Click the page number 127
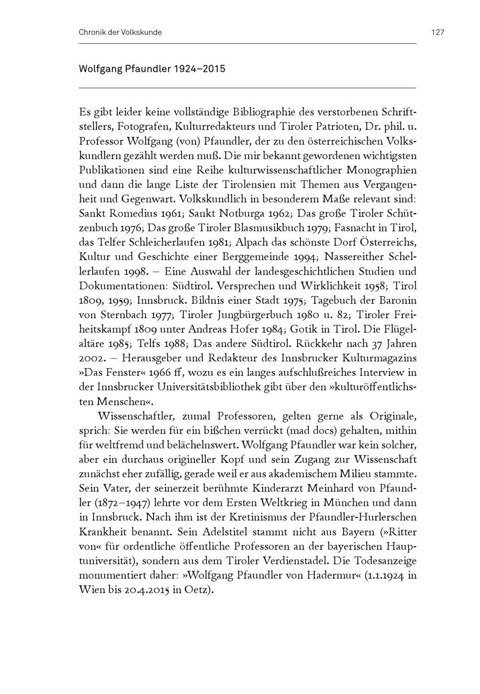pos(437,32)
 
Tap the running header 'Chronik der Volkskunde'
pos(120,32)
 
